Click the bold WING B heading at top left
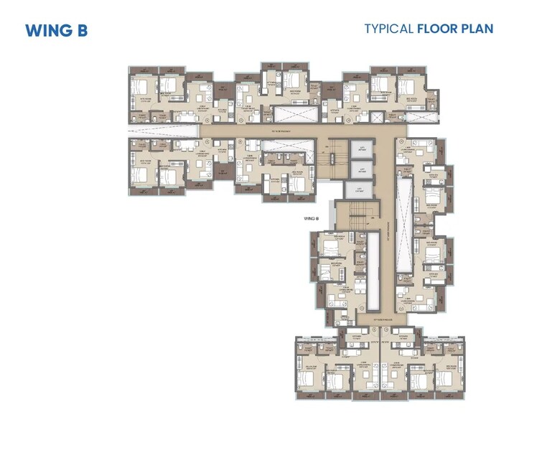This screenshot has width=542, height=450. (56, 31)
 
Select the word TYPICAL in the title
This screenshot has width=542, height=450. (388, 29)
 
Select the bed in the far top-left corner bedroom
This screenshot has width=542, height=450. (142, 90)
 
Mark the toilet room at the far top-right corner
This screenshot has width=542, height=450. (431, 93)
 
